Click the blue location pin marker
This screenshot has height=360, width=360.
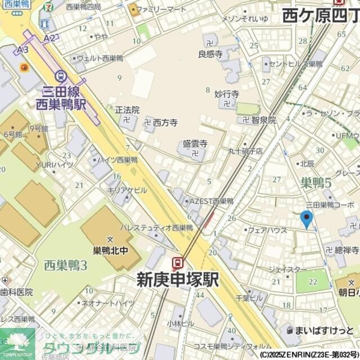(x=307, y=219)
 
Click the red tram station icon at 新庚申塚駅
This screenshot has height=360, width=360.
(x=178, y=262)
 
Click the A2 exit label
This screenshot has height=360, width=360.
(x=49, y=38)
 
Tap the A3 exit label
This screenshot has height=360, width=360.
(x=22, y=50)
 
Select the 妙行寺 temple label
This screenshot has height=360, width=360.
(x=227, y=94)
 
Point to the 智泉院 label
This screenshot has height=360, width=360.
(x=264, y=120)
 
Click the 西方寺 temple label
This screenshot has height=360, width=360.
(x=165, y=121)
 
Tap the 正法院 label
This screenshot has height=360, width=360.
(x=127, y=110)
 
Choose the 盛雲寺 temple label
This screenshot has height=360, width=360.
(x=195, y=144)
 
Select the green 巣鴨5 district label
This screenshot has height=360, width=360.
(x=316, y=182)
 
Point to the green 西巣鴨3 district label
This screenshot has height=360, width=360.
(x=65, y=264)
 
